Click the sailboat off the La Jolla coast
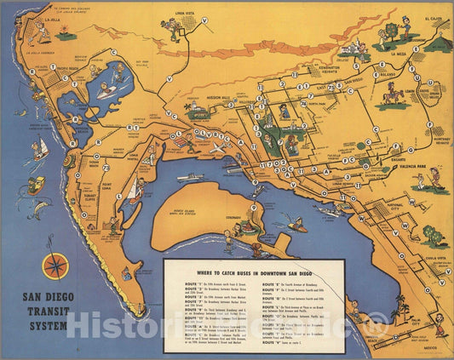pyautogui.click(x=39, y=150)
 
